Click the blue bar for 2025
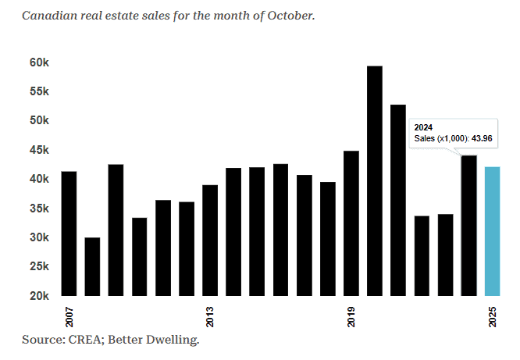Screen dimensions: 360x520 click(492, 231)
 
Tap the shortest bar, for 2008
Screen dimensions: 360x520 click(92, 266)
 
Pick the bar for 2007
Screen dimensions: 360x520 click(69, 233)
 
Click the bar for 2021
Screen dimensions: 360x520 click(398, 200)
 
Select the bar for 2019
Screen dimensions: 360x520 click(351, 223)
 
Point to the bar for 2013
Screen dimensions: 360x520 click(210, 241)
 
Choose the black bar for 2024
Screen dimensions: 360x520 click(468, 226)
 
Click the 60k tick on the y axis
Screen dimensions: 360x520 click(40, 62)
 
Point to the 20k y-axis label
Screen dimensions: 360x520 click(40, 296)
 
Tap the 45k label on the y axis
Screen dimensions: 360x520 click(40, 150)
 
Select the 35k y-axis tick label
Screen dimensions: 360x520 click(40, 209)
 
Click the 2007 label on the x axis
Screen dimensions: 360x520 click(69, 316)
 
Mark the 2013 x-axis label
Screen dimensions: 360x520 click(210, 316)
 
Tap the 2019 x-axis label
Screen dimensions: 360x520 click(351, 316)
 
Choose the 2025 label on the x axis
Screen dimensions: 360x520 click(493, 316)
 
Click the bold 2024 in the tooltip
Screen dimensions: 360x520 click(423, 127)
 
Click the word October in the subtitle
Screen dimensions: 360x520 click(290, 16)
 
